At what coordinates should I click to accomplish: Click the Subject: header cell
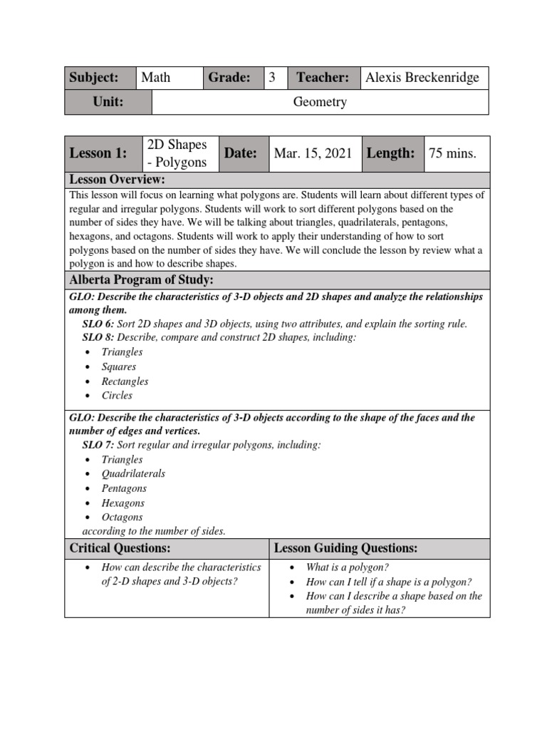[93, 77]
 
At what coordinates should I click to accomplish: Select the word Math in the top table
[156, 77]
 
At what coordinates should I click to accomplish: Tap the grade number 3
[272, 77]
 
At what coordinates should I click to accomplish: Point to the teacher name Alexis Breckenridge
[422, 77]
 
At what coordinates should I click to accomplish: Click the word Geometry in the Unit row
[320, 102]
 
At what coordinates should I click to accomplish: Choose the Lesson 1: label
[98, 153]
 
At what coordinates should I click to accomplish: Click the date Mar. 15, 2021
[314, 153]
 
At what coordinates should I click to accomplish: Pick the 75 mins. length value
[452, 153]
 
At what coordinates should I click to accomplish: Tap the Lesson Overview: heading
[118, 179]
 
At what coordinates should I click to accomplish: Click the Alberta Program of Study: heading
[141, 279]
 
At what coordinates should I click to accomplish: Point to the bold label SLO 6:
[98, 324]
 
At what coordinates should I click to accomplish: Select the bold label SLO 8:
[98, 337]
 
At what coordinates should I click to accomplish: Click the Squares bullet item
[119, 366]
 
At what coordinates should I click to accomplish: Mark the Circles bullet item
[117, 396]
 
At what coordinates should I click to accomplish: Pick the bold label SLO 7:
[98, 445]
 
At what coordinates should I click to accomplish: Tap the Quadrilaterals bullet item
[133, 474]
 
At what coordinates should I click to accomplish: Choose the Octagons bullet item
[122, 517]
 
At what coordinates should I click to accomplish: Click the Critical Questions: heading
[120, 547]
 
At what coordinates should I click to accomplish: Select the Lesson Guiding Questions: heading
[346, 547]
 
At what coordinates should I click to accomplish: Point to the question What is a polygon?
[348, 567]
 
